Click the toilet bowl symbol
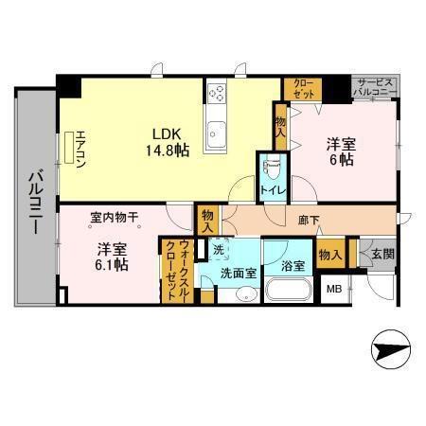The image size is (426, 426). click(271, 167)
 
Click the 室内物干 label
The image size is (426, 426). click(114, 217)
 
